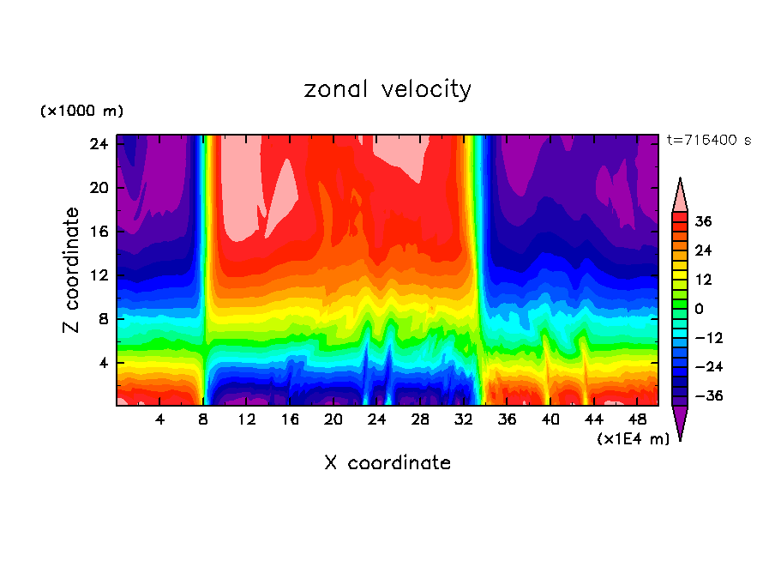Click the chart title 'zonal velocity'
tap(387, 89)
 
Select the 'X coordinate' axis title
tap(387, 463)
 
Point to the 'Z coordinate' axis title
tap(72, 270)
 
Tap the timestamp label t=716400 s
tap(708, 140)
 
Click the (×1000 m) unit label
tap(81, 112)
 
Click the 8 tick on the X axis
tap(203, 419)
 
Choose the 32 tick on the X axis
tap(464, 419)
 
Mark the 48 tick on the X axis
tap(637, 419)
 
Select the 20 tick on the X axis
tap(333, 419)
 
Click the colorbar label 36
tap(703, 221)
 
